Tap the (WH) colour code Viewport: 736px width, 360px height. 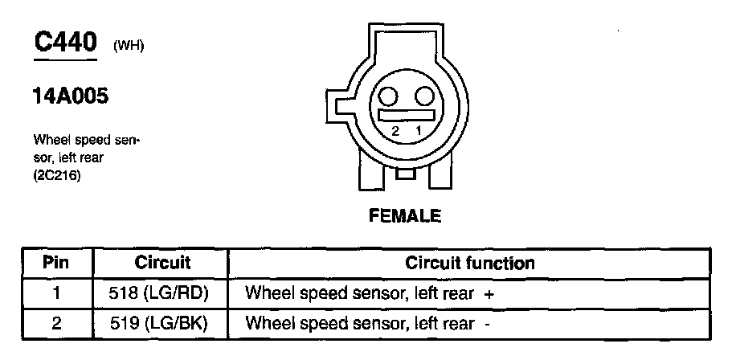129,46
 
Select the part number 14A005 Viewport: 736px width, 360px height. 70,97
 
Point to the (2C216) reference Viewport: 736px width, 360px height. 57,174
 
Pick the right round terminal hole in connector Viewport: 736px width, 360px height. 423,97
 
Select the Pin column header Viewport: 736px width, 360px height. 56,263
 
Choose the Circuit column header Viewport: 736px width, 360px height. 162,263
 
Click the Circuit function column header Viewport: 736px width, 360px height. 470,263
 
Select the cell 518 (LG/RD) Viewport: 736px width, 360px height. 162,293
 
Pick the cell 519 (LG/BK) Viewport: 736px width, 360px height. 162,324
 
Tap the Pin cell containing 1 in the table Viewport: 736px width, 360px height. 56,293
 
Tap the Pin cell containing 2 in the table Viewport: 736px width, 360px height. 56,324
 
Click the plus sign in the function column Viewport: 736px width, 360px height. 489,295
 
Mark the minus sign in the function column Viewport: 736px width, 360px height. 487,325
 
